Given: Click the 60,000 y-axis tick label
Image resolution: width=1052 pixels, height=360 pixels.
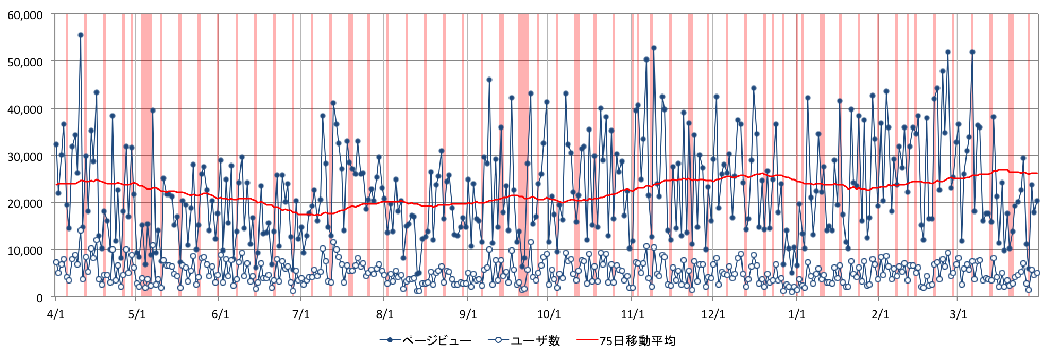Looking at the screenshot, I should [x=25, y=15].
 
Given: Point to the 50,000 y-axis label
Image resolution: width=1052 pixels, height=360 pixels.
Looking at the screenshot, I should [x=25, y=62].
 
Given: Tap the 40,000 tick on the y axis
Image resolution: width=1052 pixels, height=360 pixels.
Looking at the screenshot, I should [x=25, y=109].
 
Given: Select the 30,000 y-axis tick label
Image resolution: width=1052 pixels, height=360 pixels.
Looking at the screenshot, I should [x=25, y=157].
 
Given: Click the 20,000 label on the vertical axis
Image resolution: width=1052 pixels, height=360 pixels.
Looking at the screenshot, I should [x=25, y=203].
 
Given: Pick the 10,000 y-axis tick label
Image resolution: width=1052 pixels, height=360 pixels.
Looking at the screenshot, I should [x=25, y=251].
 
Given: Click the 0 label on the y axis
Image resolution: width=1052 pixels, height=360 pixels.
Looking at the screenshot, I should [x=39, y=298].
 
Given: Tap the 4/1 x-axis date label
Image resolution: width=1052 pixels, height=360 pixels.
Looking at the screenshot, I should [x=56, y=314].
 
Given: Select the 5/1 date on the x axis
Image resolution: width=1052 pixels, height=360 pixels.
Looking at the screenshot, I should [x=137, y=314].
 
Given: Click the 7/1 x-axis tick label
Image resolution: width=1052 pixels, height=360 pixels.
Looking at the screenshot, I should [x=301, y=314].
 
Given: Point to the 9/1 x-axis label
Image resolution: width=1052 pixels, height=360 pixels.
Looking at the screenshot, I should [x=468, y=314].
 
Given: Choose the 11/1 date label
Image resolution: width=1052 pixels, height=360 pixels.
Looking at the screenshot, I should [x=632, y=314].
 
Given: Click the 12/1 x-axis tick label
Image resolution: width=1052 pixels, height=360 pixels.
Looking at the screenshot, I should [x=713, y=314].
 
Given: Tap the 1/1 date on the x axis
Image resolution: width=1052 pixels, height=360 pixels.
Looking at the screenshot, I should [x=797, y=314].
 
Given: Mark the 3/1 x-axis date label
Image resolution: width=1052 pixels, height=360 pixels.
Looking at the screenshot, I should [x=958, y=314].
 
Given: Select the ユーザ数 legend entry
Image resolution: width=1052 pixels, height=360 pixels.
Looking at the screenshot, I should [x=525, y=340].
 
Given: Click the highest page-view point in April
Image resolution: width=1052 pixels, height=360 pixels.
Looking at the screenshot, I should [x=81, y=35].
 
